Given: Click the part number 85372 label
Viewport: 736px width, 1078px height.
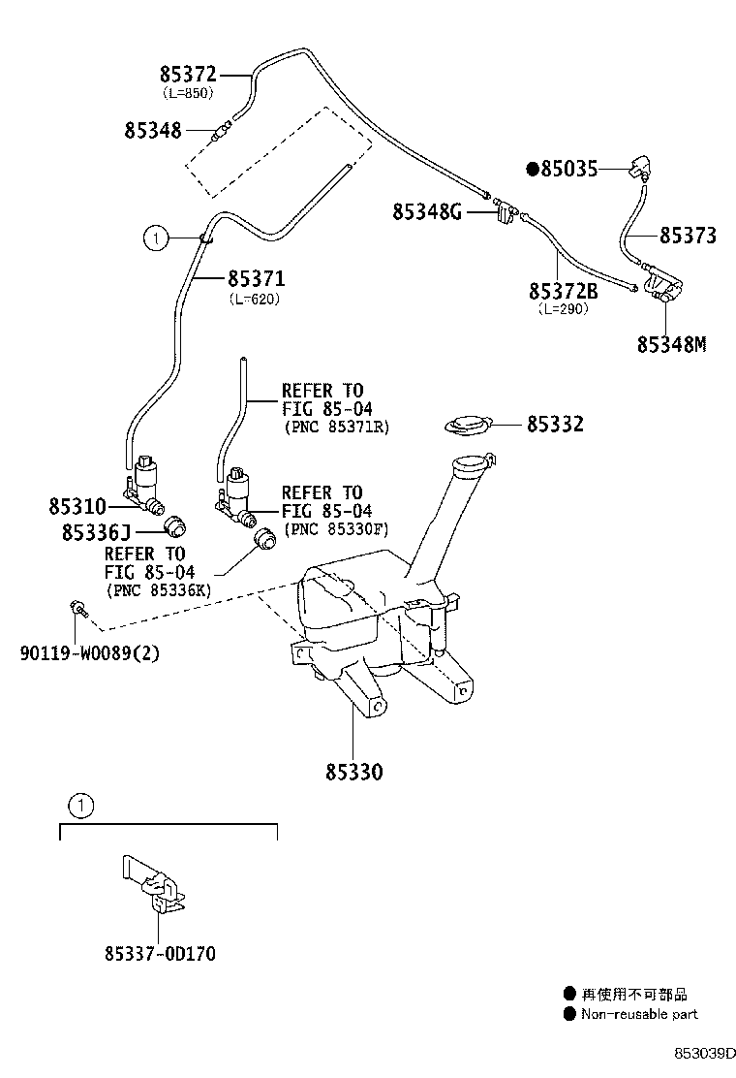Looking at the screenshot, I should (x=188, y=74).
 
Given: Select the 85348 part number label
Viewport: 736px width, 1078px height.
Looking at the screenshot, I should (x=152, y=130).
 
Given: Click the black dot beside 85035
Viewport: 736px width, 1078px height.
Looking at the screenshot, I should (x=532, y=170).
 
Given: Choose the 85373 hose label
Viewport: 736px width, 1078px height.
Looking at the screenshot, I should (x=688, y=236).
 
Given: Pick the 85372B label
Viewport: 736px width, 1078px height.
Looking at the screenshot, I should (x=563, y=291).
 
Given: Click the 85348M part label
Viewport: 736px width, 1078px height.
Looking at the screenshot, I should (x=671, y=344).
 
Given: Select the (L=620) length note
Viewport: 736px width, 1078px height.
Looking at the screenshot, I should (x=255, y=300).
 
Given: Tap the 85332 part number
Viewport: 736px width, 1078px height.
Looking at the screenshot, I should (x=555, y=424).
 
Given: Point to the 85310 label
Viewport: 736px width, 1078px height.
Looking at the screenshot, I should (x=77, y=506).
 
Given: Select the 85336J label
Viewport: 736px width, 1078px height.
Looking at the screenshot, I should (x=95, y=531).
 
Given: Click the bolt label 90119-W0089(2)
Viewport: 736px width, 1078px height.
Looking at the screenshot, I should (x=89, y=652).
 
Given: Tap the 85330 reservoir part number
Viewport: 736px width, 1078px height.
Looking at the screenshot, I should (x=353, y=772).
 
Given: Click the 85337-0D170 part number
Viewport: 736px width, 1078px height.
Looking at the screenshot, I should (x=160, y=954).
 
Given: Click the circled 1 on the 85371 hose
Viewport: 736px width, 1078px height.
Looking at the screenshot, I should (x=154, y=236).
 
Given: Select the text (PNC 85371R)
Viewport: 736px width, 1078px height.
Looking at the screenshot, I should (x=336, y=427).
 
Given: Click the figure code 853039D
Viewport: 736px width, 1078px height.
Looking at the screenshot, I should (x=705, y=1052).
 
